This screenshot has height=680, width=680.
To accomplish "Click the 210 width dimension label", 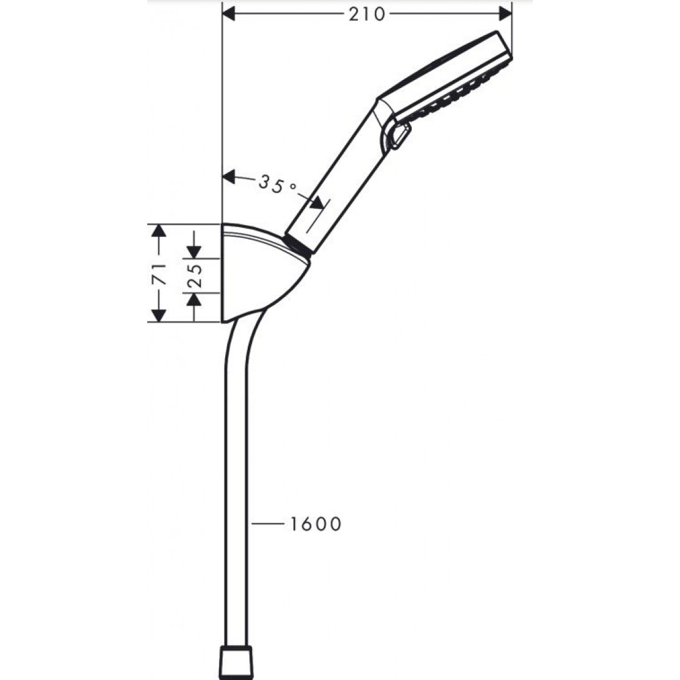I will click(x=367, y=14).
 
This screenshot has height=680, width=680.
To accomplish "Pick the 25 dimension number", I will click(x=194, y=275).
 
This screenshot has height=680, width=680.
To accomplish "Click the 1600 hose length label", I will click(x=315, y=524).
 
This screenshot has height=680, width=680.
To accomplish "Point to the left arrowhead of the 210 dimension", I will click(x=229, y=14).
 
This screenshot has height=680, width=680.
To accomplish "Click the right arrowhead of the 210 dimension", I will click(x=505, y=14).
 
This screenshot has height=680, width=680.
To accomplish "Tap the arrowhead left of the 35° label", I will click(x=230, y=177).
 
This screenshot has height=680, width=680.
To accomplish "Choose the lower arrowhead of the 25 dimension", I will click(x=194, y=299).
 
